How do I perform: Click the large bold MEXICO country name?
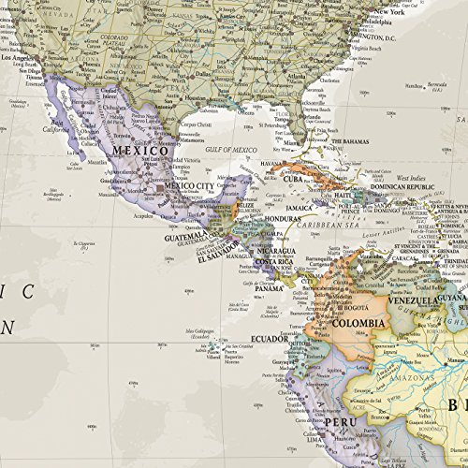click(136, 150)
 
